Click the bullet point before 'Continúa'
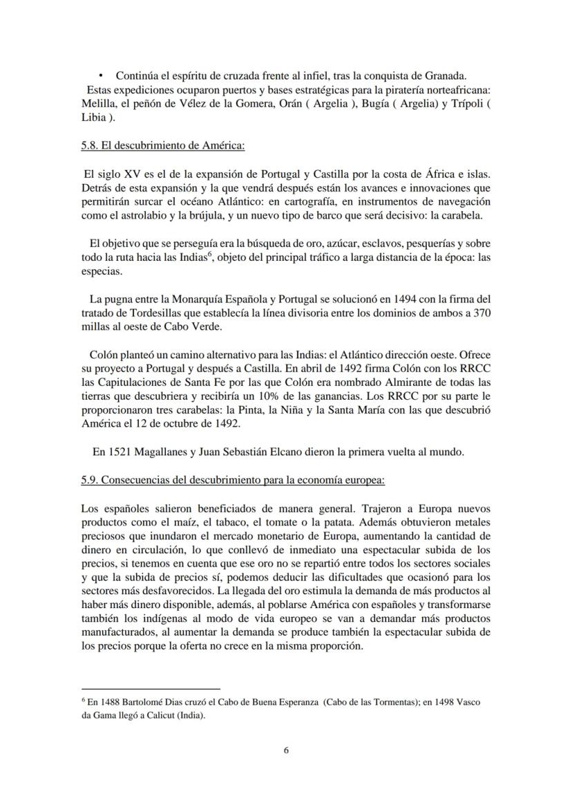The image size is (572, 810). click(101, 75)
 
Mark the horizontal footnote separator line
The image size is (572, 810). click(150, 689)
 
